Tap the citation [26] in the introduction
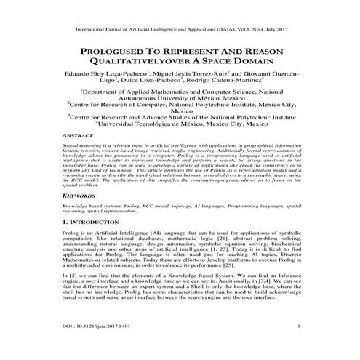pos(214,242)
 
